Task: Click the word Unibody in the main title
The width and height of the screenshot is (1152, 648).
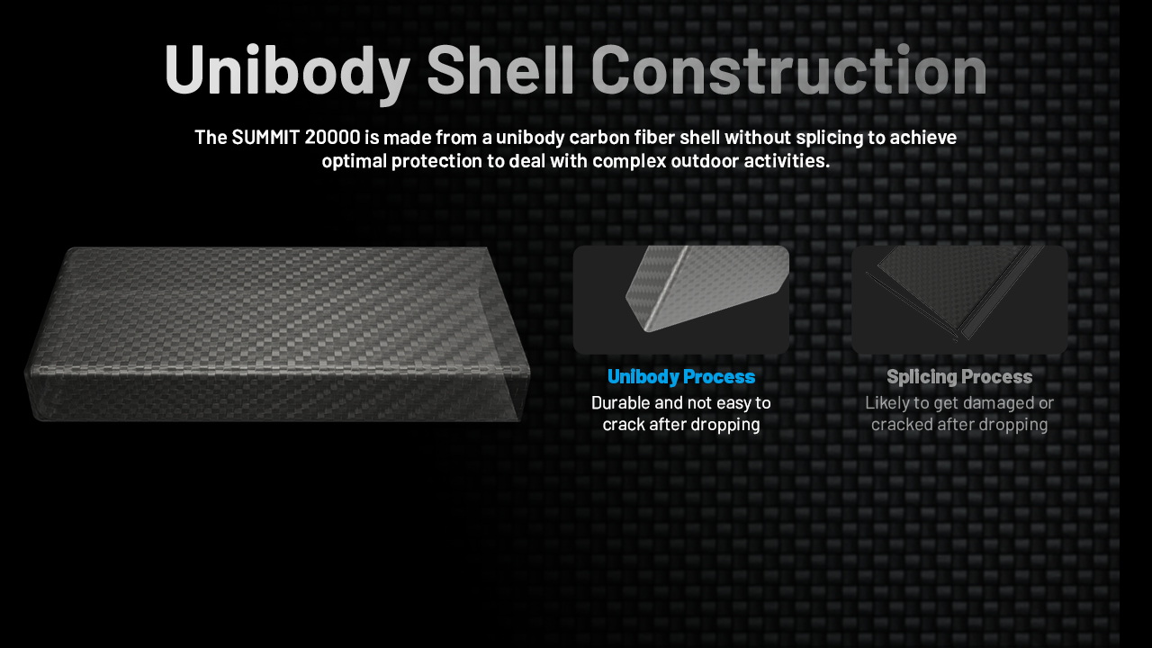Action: coord(287,71)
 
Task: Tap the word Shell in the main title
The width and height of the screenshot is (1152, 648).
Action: coord(500,69)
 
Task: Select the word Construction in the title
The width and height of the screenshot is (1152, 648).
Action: coord(789,69)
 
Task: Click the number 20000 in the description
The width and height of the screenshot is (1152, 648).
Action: coord(332,138)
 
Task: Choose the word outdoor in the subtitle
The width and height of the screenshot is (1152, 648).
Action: coord(705,161)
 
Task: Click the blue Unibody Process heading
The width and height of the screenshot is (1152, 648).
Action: coord(681,377)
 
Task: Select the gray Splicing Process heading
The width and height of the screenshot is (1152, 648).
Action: coord(959,377)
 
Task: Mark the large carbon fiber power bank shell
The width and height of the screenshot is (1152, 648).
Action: coord(276,334)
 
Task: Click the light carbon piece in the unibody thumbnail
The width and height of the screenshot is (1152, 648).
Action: coord(707,288)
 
